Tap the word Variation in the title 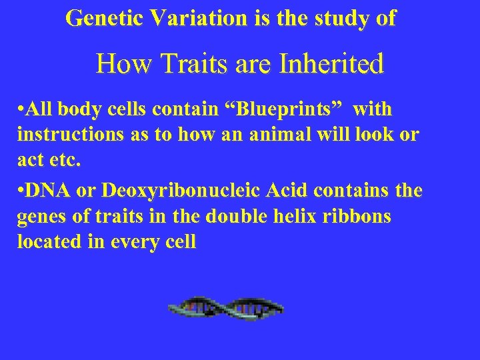(199, 18)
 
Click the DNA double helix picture (226, 308)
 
